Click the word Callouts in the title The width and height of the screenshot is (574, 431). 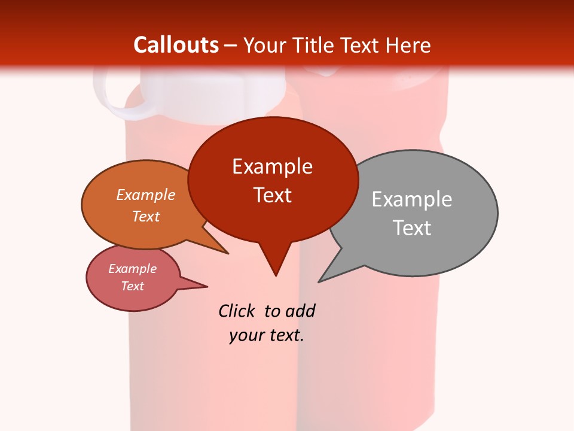coord(176,45)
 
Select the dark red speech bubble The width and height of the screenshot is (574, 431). coord(273,180)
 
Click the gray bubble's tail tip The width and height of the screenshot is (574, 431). coord(319,281)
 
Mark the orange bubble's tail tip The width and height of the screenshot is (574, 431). coord(227,253)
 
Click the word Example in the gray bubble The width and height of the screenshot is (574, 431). coord(412,199)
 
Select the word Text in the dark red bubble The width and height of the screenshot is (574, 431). coord(273,195)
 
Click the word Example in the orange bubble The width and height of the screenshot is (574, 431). coord(146,195)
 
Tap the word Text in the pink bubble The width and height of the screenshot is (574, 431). coord(133,286)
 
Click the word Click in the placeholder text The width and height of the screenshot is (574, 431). coord(237,311)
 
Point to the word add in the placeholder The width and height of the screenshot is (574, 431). coord(300,311)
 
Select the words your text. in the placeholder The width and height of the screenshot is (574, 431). coord(267,335)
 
